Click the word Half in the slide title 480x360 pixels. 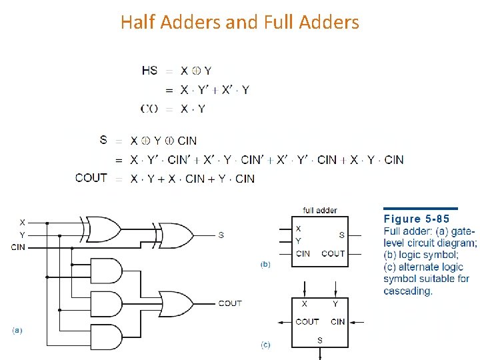[137, 23]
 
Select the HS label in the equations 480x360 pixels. [150, 71]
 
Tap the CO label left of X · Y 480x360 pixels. [149, 109]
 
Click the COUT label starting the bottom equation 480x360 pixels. [91, 178]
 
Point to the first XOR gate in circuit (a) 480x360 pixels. [100, 228]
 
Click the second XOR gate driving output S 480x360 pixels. [175, 235]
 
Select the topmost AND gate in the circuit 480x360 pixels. [110, 271]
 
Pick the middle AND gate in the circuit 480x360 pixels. [110, 303]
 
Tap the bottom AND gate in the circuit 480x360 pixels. [110, 335]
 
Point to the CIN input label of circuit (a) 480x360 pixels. [19, 247]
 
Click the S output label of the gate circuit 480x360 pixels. [221, 235]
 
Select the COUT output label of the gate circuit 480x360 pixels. [230, 303]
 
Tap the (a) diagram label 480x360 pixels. [17, 330]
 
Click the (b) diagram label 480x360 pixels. [265, 265]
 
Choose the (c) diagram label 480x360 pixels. [265, 345]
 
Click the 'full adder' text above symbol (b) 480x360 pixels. [320, 211]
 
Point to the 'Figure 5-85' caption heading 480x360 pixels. [417, 219]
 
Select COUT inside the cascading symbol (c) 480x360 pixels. [307, 321]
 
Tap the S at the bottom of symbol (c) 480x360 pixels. [320, 340]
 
